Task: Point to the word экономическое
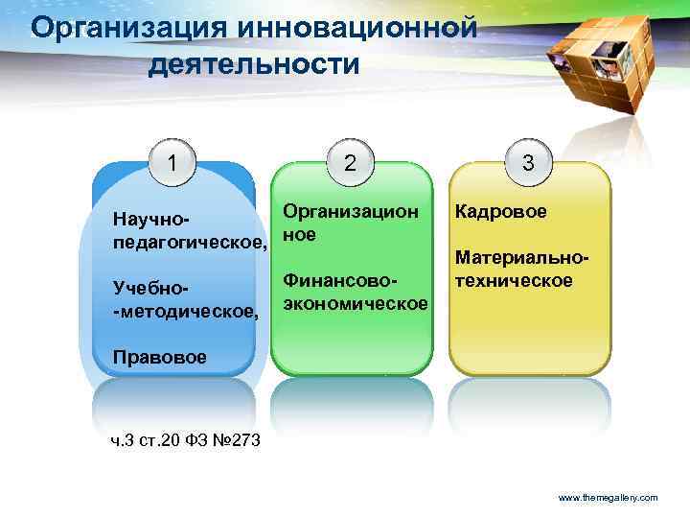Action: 355,303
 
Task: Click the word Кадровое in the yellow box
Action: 501,211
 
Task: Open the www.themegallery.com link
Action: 608,498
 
